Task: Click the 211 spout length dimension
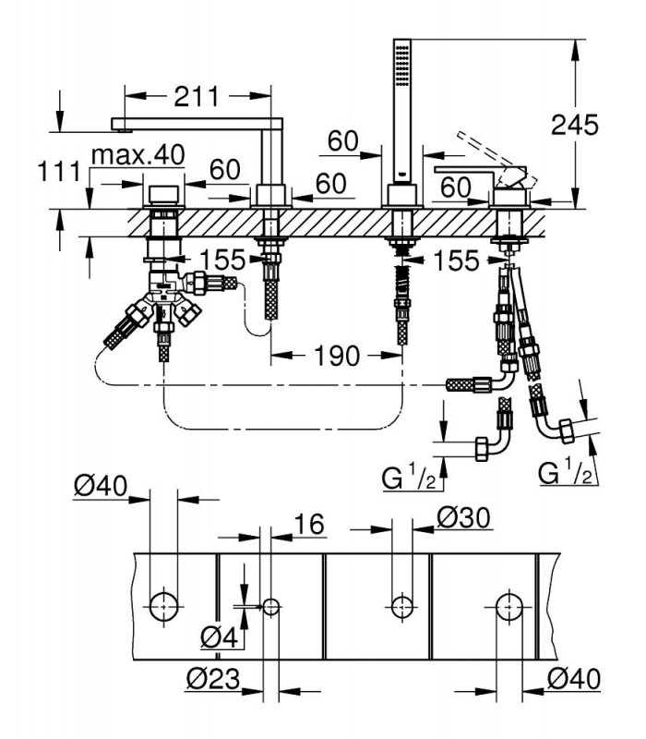coord(197,96)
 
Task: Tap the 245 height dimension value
coord(574,125)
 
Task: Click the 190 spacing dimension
coord(337,356)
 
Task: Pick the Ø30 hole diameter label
coord(464,518)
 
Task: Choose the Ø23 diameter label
coord(213,679)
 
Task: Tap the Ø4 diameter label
coord(220,637)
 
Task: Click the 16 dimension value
coord(309,524)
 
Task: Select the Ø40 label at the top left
coord(101,486)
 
